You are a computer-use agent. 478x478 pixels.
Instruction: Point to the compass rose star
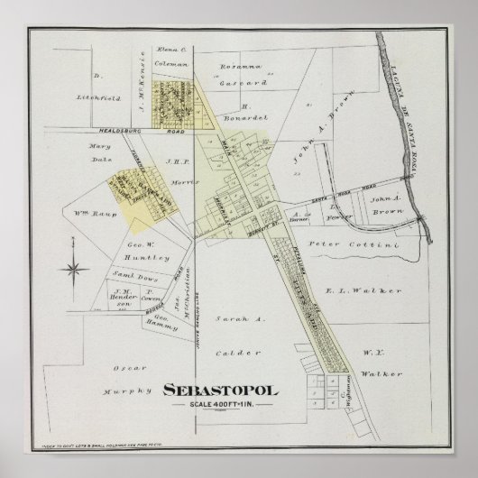[75, 268]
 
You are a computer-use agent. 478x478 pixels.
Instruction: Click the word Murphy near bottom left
[119, 391]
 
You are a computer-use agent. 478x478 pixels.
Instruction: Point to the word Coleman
[170, 63]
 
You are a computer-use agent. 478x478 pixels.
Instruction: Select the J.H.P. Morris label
[172, 163]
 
